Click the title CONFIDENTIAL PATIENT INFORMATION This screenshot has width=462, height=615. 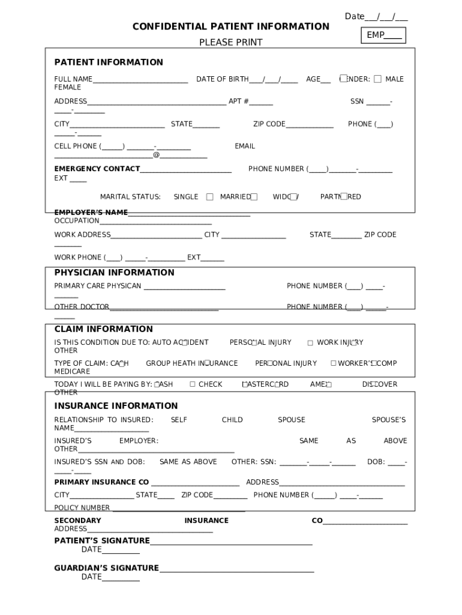(x=230, y=26)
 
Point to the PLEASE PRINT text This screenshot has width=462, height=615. (x=230, y=43)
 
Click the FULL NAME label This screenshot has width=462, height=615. (x=73, y=79)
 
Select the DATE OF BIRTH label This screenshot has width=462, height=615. (x=222, y=79)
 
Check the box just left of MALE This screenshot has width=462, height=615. (x=377, y=79)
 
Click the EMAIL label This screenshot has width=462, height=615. (x=245, y=147)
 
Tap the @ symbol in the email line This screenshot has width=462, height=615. (x=156, y=155)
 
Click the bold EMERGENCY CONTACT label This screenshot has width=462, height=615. (x=97, y=169)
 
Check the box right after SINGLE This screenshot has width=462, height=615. (x=209, y=197)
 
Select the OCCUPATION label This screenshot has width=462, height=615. (x=77, y=221)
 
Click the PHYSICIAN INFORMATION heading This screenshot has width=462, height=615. (x=114, y=273)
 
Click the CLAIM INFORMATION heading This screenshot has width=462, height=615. (x=104, y=329)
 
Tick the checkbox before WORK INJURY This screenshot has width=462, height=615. (x=310, y=343)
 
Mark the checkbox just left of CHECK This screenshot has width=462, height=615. (x=193, y=384)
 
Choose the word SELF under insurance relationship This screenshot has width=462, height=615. (x=179, y=420)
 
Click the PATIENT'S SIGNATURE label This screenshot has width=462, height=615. (x=102, y=541)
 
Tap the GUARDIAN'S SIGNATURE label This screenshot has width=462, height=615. (x=106, y=568)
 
